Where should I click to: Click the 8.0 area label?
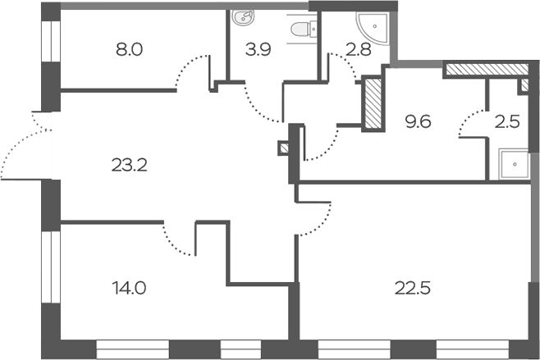point(129,49)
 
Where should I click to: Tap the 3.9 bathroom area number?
point(259,49)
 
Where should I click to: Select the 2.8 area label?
point(359,49)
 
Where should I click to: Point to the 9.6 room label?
point(418,121)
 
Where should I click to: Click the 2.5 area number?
point(507,121)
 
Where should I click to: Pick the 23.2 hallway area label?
point(130,165)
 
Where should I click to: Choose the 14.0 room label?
point(129,288)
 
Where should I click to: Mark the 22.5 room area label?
point(413,288)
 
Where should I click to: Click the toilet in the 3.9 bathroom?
point(304,29)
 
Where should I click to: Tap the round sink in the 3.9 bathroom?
point(242,17)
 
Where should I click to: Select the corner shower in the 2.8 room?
point(373,28)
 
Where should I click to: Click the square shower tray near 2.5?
point(514,165)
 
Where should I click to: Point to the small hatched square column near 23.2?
point(284,148)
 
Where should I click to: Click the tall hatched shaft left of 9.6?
point(373,103)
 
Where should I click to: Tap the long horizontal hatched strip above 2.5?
point(487,69)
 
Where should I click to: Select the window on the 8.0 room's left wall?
point(51,41)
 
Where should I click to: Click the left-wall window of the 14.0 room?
point(51,267)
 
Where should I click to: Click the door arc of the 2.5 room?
point(472,122)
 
